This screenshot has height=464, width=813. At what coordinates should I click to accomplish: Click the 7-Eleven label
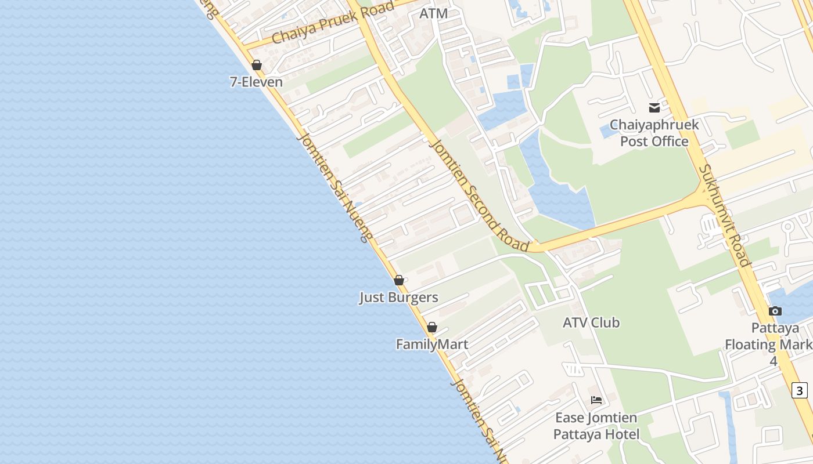(x=256, y=82)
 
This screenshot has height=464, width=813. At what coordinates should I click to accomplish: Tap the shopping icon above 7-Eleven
(x=257, y=65)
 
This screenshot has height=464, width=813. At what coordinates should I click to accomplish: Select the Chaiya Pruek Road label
(x=332, y=23)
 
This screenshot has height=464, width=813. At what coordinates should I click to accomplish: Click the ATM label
(x=434, y=13)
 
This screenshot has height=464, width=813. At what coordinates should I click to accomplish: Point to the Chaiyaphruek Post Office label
(x=654, y=133)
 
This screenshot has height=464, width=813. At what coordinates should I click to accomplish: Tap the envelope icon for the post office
(x=654, y=107)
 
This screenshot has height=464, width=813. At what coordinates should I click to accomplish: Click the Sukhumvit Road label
(x=724, y=216)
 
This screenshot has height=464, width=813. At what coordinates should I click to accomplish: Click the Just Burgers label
(x=398, y=298)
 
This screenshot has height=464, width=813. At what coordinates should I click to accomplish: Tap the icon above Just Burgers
(x=399, y=280)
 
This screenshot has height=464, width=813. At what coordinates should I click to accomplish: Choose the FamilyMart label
(x=432, y=345)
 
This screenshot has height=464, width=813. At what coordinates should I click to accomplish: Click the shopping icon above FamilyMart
(x=432, y=327)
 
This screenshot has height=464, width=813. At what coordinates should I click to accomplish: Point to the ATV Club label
(x=591, y=322)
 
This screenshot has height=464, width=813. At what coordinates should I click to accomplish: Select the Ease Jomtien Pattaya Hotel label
(x=596, y=426)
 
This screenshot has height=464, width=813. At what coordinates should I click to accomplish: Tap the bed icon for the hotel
(x=596, y=400)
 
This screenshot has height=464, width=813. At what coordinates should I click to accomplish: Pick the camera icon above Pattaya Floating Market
(x=775, y=311)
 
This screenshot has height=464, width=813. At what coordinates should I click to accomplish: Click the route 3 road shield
(x=800, y=390)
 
